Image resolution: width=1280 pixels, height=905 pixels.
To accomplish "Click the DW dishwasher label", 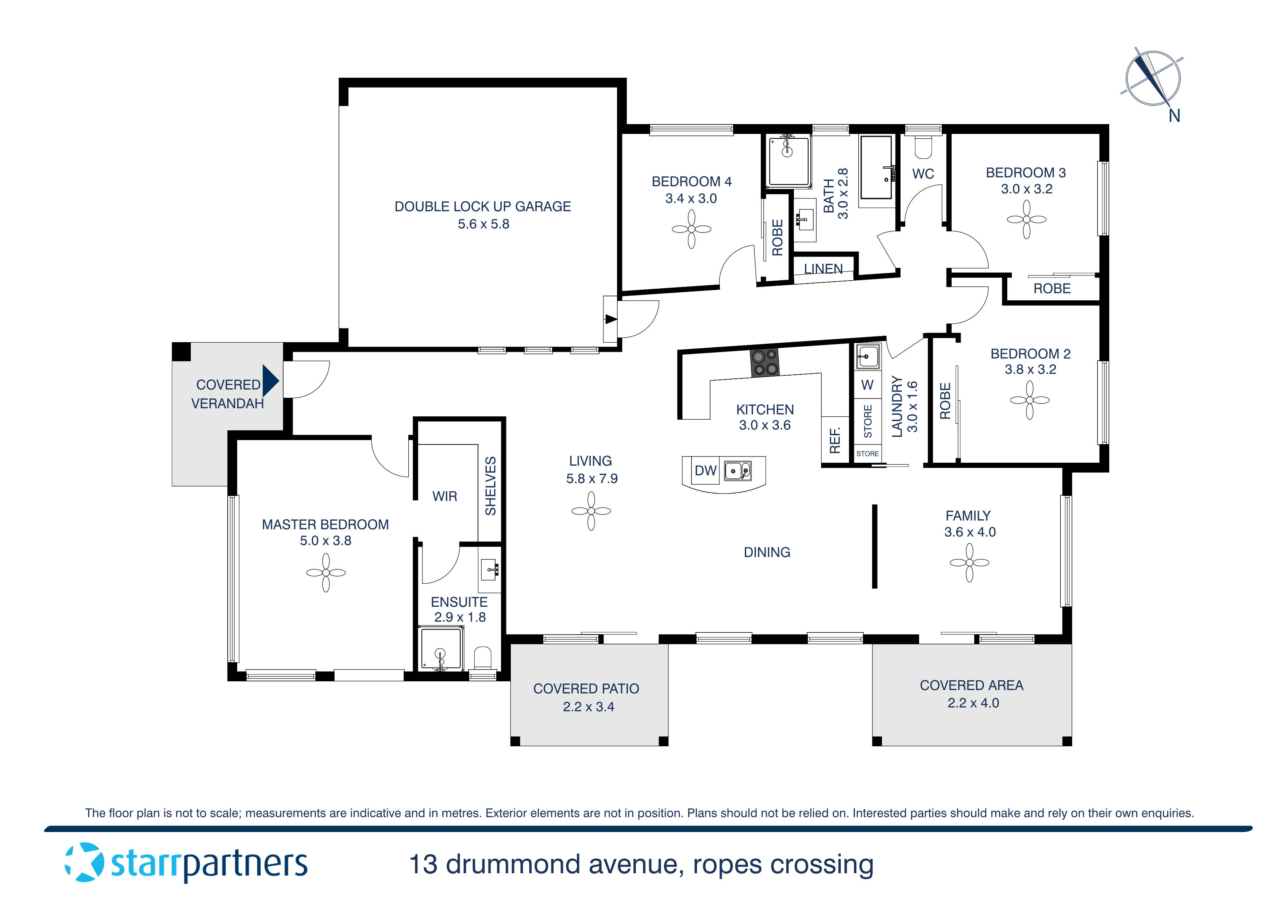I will click(705, 471).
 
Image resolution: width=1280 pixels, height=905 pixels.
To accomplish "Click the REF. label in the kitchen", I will click(834, 440).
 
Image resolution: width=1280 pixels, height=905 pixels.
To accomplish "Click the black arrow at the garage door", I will click(611, 320).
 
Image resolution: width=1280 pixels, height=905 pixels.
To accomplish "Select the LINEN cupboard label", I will click(823, 269).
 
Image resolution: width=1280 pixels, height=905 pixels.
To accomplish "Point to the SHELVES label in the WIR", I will click(490, 486).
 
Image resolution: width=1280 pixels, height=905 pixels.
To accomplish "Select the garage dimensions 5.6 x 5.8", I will click(483, 224).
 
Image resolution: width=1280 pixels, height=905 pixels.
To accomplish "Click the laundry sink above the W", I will click(867, 356).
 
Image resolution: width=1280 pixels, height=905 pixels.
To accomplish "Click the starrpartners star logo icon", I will click(85, 863).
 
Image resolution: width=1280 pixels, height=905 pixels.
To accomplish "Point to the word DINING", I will click(767, 552).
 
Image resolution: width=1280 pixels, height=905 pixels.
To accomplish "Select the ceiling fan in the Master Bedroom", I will click(325, 573).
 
